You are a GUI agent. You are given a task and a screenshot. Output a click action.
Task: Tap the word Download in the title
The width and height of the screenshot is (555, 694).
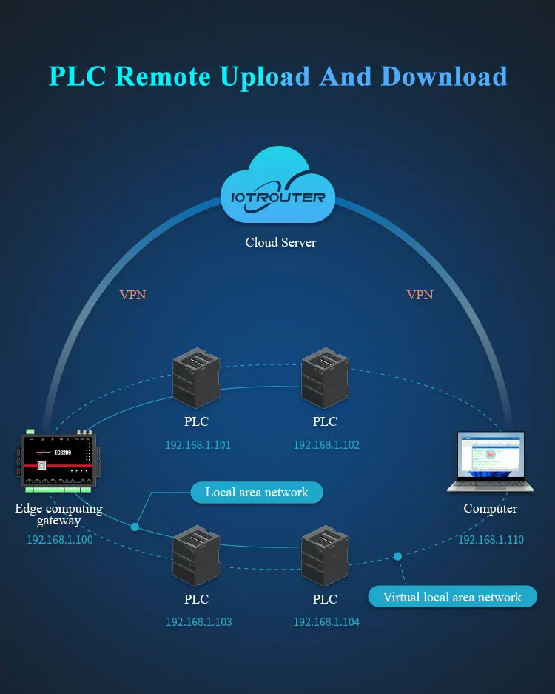(x=414, y=76)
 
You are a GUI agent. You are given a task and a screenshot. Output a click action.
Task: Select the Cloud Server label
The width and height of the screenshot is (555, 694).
(x=280, y=242)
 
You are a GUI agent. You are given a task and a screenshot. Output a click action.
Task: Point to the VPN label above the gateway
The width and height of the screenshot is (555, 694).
(x=133, y=295)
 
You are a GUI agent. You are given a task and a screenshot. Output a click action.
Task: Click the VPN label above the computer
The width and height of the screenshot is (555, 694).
(x=420, y=295)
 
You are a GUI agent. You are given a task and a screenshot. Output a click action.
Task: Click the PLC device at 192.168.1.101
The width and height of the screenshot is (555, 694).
(x=196, y=380)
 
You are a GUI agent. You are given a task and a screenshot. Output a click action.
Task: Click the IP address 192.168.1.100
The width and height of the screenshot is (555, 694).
(x=60, y=540)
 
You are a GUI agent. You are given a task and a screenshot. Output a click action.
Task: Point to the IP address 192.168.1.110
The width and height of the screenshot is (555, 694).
(x=491, y=540)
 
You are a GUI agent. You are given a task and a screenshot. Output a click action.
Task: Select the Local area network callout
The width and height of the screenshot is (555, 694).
(x=257, y=492)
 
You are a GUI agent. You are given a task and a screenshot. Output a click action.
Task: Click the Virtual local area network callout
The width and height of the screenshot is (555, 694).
(x=451, y=597)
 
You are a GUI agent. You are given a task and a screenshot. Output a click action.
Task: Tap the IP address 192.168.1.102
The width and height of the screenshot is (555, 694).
(x=326, y=445)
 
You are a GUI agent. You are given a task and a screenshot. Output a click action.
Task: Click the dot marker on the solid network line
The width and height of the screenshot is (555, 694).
(x=135, y=527)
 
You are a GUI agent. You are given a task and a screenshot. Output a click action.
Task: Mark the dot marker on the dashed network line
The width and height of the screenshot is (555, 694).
(x=397, y=555)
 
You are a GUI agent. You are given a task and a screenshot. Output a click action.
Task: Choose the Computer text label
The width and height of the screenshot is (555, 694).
(x=490, y=508)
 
